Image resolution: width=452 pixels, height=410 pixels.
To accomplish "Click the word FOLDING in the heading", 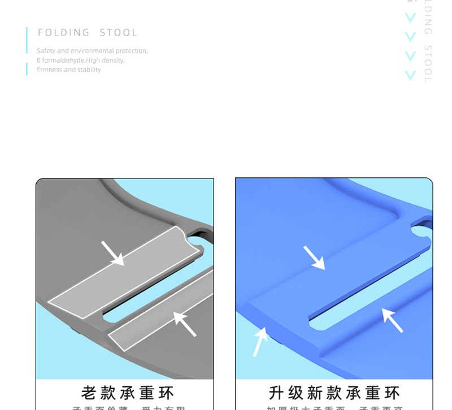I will pyautogui.click(x=64, y=33).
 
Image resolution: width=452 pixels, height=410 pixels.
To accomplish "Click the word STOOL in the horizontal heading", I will pyautogui.click(x=119, y=33).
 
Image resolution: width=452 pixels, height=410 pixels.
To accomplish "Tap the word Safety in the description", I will pyautogui.click(x=46, y=51).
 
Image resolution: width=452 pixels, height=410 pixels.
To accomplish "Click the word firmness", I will pyautogui.click(x=49, y=70).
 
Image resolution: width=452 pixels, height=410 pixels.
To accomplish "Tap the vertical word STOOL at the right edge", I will pyautogui.click(x=428, y=63).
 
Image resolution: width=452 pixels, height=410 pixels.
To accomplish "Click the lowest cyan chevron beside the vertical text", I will pyautogui.click(x=410, y=75).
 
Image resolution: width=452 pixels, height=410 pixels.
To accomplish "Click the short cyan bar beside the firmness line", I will pyautogui.click(x=27, y=69).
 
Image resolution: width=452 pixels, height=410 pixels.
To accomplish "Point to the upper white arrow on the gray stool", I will pyautogui.click(x=112, y=253).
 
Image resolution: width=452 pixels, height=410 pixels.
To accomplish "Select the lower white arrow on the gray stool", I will pyautogui.click(x=185, y=324).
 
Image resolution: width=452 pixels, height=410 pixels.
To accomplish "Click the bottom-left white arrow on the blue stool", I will pyautogui.click(x=260, y=341).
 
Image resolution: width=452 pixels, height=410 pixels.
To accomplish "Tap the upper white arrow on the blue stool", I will pyautogui.click(x=314, y=258).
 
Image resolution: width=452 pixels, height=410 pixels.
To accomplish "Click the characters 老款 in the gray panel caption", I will pyautogui.click(x=98, y=392).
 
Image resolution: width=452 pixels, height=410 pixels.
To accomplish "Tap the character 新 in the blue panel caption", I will pyautogui.click(x=315, y=392).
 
